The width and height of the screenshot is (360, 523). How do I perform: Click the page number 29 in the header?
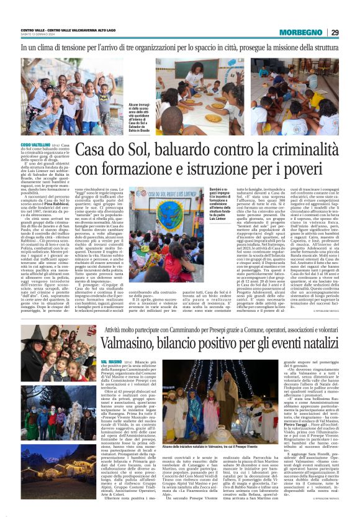click(x=335, y=32)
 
